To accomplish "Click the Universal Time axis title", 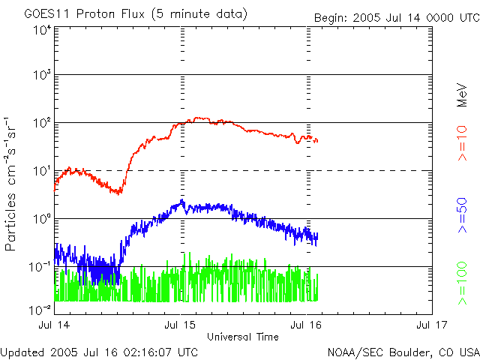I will [x=243, y=337].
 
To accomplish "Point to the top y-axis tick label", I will [x=40, y=29].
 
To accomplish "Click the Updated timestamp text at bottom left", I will [x=99, y=352].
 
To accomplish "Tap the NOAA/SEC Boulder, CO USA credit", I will [x=403, y=352].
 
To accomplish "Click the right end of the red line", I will [x=317, y=141].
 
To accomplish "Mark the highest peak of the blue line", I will [x=182, y=200].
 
